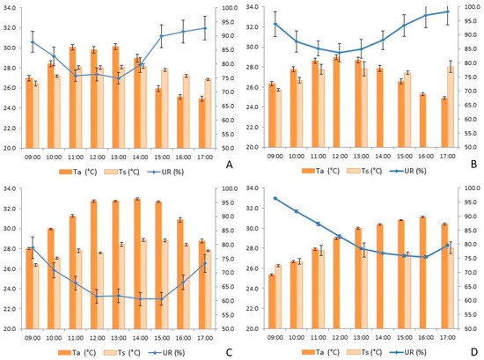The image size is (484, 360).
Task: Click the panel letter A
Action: [x=229, y=165]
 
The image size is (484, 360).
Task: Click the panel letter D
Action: [x=474, y=352]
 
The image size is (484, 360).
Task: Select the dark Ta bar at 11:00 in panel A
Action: [x=72, y=98]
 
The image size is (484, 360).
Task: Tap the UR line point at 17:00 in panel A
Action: [x=205, y=28]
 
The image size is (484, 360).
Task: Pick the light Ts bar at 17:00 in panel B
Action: [x=451, y=107]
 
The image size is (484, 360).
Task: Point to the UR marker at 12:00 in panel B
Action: [x=340, y=53]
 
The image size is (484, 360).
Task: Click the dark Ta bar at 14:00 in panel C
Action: [x=137, y=264]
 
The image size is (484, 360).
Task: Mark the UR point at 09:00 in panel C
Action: [x=33, y=247]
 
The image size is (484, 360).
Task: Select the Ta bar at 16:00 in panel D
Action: [x=423, y=273]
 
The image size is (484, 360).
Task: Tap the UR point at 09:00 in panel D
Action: [x=275, y=199]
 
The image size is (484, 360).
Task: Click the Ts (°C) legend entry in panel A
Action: [x=121, y=172]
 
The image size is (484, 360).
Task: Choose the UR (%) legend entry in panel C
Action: [x=166, y=353]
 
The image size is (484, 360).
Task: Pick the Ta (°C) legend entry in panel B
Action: [x=320, y=171]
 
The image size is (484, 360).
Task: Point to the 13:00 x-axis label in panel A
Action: [x=119, y=158]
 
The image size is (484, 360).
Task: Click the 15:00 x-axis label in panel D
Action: [x=405, y=337]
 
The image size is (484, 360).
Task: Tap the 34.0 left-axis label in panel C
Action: [x=9, y=188]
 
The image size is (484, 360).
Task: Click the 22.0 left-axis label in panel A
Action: [x=9, y=129]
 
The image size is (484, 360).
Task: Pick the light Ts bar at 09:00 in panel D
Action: [x=278, y=297]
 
